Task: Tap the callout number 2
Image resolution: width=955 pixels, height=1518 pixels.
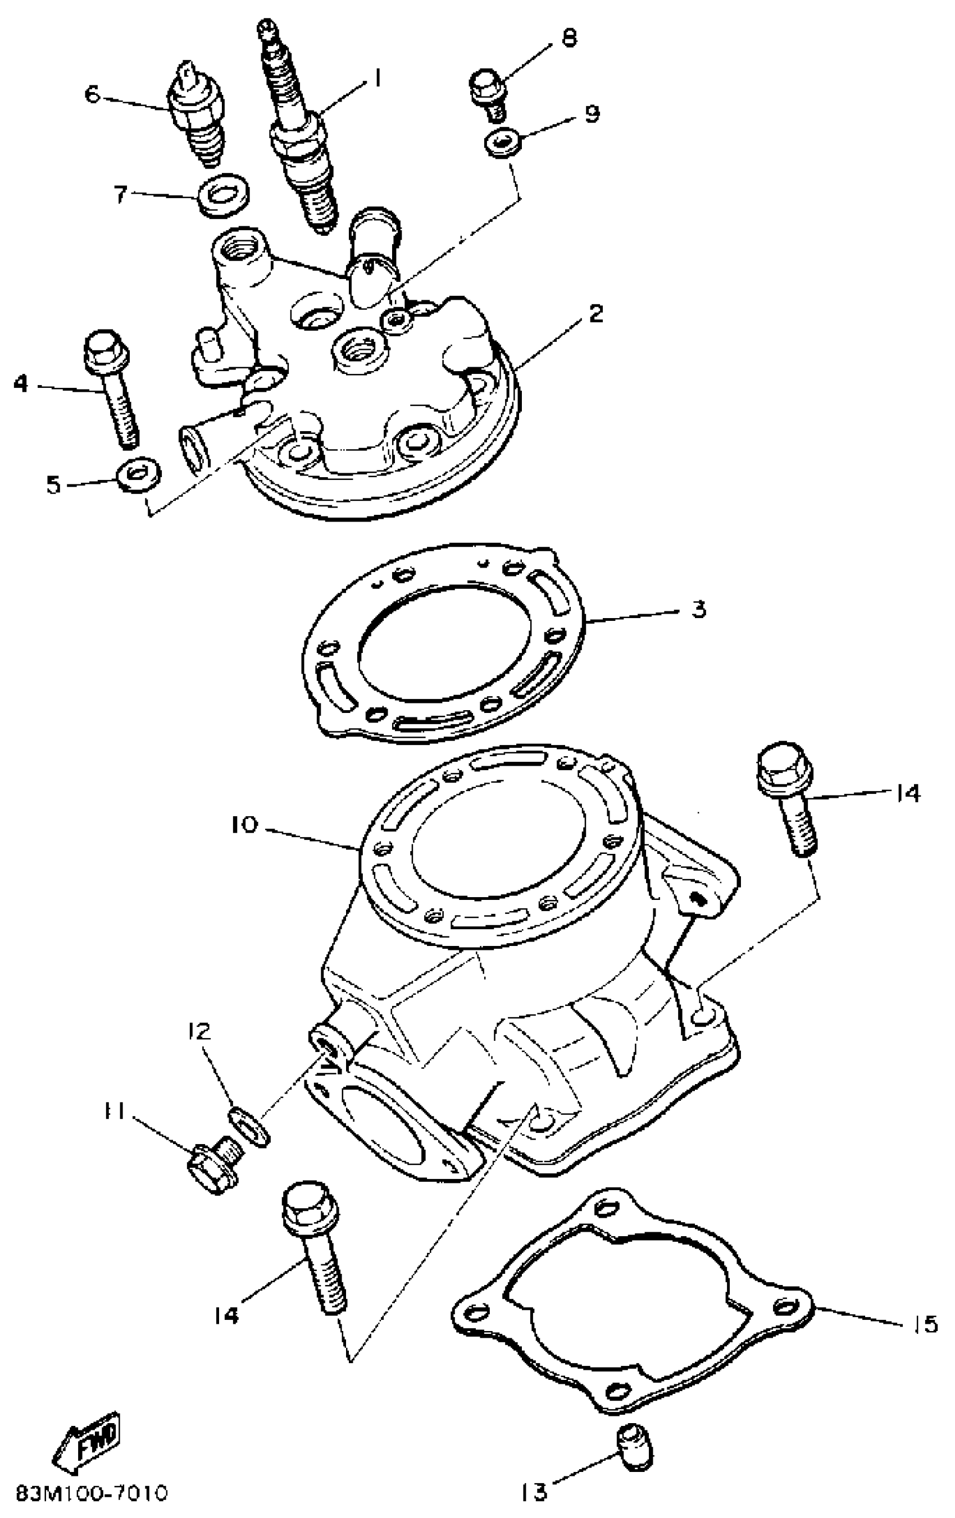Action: (x=595, y=314)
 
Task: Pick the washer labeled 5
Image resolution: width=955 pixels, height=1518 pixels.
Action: (x=138, y=473)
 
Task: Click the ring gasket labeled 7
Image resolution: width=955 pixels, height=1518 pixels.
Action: (x=222, y=195)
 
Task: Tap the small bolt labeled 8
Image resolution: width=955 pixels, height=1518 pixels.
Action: (x=489, y=93)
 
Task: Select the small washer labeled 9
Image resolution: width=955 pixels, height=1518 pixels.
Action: (x=502, y=143)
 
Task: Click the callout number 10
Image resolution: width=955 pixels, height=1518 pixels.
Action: (x=245, y=824)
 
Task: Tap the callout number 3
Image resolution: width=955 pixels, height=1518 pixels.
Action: (x=698, y=610)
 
